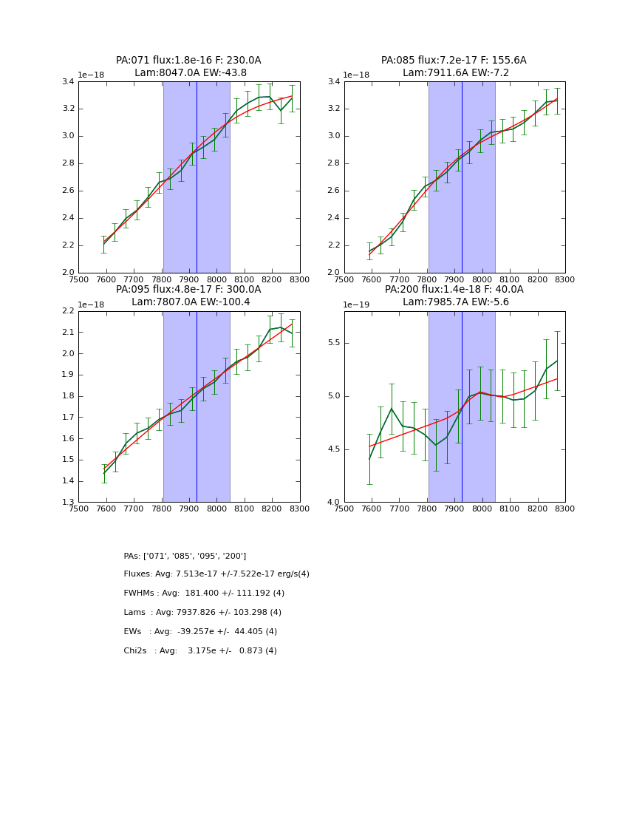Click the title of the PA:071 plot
(188, 61)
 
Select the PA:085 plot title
(454, 61)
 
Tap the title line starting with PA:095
(188, 290)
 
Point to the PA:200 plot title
(454, 290)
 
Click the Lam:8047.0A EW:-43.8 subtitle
(191, 73)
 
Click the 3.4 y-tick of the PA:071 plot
(67, 81)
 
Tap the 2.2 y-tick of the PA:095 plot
(67, 311)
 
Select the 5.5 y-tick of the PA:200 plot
(332, 343)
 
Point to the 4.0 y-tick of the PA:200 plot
(332, 503)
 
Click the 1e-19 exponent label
(356, 305)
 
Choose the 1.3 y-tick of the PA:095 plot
(67, 503)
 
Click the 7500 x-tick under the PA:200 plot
(344, 509)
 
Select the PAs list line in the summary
(185, 556)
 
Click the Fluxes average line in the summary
(216, 574)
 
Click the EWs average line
(200, 632)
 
